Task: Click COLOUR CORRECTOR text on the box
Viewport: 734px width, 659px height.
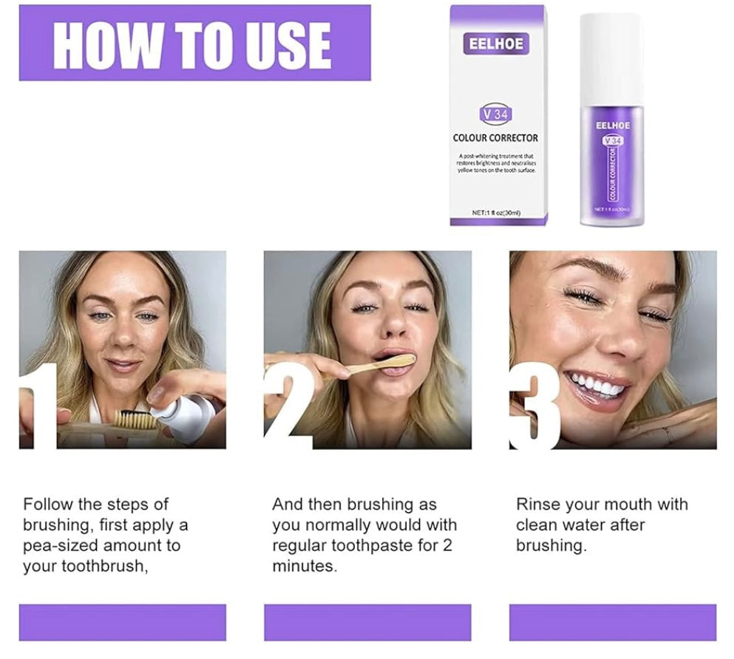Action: [495, 137]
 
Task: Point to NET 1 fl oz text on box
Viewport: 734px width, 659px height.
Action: [496, 213]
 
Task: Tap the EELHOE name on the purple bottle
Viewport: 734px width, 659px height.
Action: [612, 126]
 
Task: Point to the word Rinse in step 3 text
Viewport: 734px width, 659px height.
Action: [537, 505]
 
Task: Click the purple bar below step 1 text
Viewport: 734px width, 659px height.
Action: [122, 622]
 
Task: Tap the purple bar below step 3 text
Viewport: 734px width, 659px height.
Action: [612, 622]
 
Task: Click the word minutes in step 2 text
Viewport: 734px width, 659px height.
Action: [304, 567]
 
